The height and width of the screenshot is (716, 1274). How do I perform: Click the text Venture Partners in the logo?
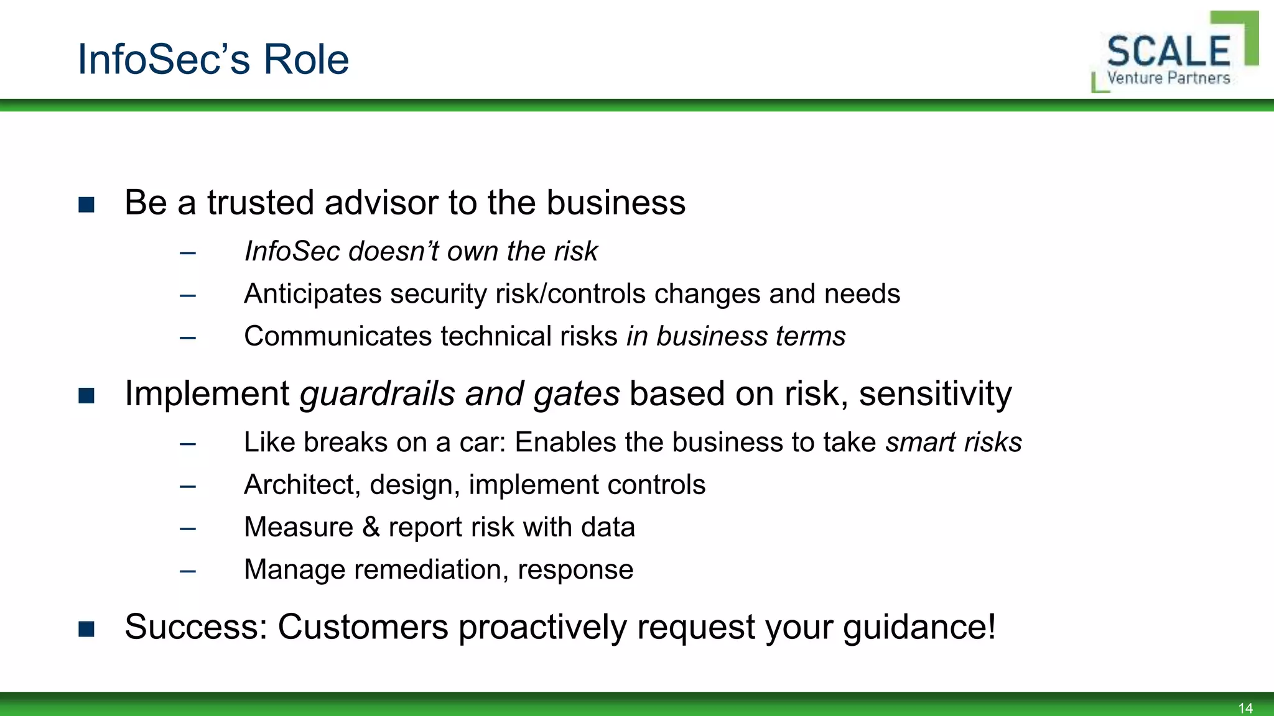click(1168, 78)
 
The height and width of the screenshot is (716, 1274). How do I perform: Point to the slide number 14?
click(1245, 708)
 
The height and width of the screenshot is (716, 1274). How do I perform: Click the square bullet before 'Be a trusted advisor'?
click(86, 204)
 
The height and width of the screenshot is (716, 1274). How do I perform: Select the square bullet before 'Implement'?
click(86, 395)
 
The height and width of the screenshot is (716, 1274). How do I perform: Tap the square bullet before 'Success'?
click(86, 628)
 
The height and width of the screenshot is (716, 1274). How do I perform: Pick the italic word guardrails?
click(378, 394)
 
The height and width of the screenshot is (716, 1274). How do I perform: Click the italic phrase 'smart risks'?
click(954, 443)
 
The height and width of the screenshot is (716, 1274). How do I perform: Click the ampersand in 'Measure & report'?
click(371, 527)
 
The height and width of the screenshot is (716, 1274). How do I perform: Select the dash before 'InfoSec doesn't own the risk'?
click(188, 252)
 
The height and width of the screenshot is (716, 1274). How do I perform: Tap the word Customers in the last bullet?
click(363, 626)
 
